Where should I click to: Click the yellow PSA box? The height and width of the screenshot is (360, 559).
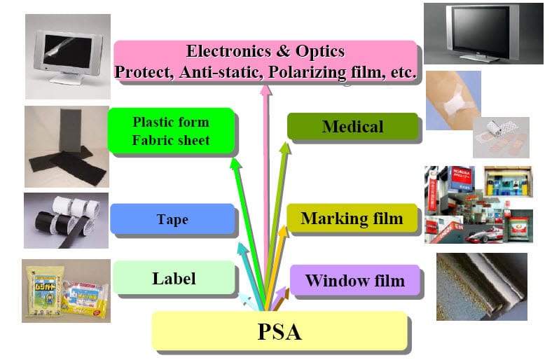pos(279,331)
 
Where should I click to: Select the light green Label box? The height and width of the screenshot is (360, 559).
pos(174,278)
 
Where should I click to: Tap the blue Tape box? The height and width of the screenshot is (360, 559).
pos(172,219)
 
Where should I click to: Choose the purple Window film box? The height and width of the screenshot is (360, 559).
pos(355,280)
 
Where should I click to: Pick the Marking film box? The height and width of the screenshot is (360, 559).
pos(352,218)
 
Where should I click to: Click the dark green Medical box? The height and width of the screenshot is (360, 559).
pos(352,126)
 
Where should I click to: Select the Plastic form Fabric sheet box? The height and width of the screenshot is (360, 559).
pos(171,131)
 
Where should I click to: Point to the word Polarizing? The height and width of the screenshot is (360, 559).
pos(308,72)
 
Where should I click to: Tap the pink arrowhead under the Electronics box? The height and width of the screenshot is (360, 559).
pos(265,90)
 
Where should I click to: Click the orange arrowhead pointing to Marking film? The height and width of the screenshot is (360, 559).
pos(283,232)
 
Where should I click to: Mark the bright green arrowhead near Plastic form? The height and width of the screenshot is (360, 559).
pos(236,164)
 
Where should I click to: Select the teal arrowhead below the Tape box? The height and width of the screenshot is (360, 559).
pos(243,249)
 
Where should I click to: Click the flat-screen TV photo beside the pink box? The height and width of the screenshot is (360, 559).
pos(483,34)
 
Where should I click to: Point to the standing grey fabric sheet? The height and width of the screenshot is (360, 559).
pos(70,130)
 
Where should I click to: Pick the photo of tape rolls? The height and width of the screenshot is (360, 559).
pos(67,221)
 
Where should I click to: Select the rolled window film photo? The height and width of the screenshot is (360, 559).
pos(482,286)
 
